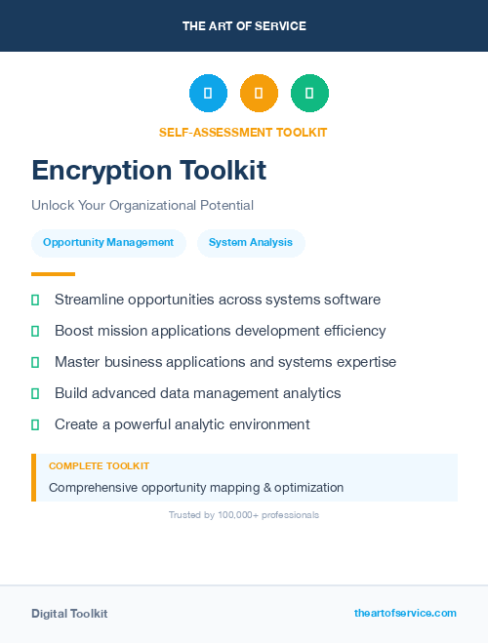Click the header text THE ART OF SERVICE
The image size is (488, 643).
[244, 26]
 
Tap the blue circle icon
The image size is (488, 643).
[208, 94]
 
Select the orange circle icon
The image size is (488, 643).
[259, 94]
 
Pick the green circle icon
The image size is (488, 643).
[309, 94]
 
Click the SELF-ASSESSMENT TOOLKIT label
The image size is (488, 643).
[243, 133]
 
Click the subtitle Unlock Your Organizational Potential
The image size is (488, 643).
[142, 206]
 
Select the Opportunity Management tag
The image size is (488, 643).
[108, 243]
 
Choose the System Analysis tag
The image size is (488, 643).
[251, 243]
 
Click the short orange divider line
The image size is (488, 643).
[53, 274]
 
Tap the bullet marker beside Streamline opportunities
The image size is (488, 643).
[35, 300]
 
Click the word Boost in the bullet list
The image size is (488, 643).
[74, 331]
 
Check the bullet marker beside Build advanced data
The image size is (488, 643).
[35, 393]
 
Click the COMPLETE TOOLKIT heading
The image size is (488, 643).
[99, 466]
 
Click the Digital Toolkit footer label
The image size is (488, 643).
[69, 614]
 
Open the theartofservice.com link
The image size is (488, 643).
[405, 613]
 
